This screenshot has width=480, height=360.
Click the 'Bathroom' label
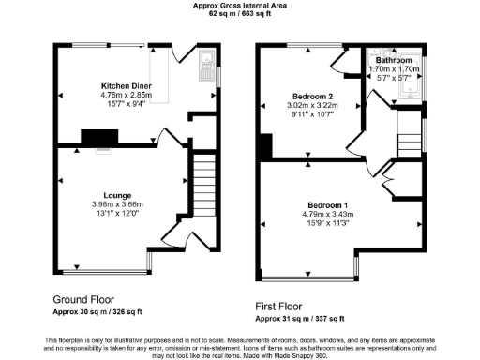[392, 60]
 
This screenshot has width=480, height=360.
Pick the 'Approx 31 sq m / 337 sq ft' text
[301, 319]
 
